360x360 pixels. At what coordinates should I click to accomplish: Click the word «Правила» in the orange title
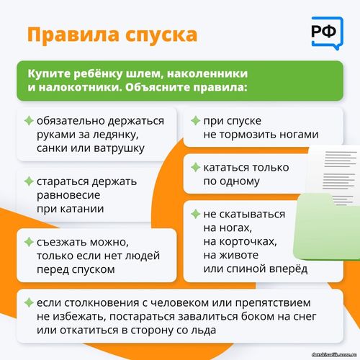73,35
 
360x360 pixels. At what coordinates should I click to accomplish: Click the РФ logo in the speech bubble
328,33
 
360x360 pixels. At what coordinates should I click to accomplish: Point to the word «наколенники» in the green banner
207,73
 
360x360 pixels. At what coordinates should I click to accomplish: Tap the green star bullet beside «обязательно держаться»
29,120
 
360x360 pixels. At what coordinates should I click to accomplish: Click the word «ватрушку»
119,148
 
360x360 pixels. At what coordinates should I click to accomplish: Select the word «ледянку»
115,135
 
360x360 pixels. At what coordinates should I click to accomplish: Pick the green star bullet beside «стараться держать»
29,181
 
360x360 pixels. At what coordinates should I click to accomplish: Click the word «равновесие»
68,195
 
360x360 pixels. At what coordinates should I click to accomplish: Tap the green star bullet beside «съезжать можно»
29,242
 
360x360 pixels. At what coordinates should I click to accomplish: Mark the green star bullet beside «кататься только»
195,167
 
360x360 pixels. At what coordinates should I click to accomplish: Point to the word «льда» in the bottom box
203,330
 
